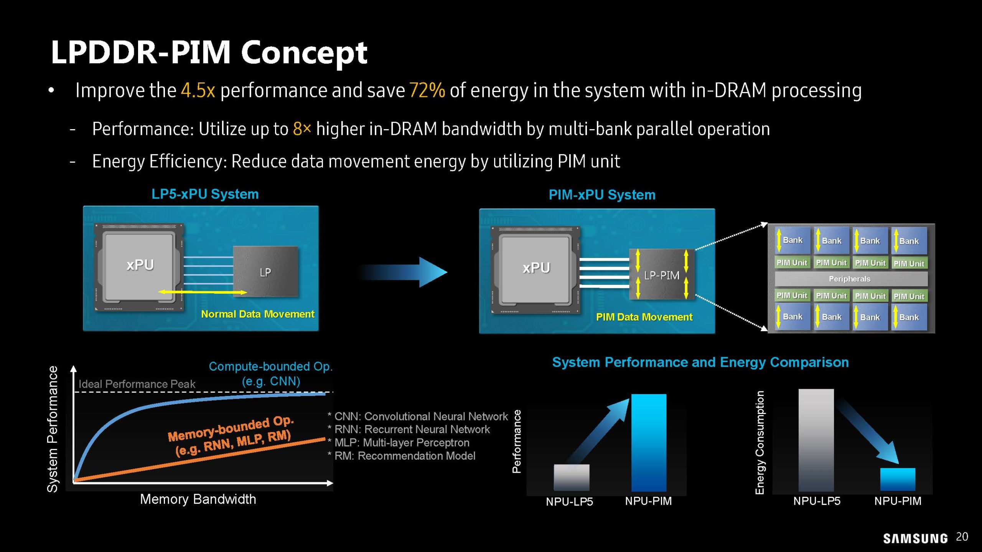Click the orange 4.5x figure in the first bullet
pyautogui.click(x=198, y=90)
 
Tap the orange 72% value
pyautogui.click(x=427, y=90)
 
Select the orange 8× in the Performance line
pyautogui.click(x=302, y=129)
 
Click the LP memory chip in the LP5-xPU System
pyautogui.click(x=265, y=271)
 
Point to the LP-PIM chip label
pyautogui.click(x=661, y=275)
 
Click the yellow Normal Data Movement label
pyautogui.click(x=257, y=314)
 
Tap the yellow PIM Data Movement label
pyautogui.click(x=644, y=317)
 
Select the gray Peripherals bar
pyautogui.click(x=850, y=279)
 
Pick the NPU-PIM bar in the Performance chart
pyautogui.click(x=649, y=443)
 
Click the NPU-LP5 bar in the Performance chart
pyautogui.click(x=571, y=477)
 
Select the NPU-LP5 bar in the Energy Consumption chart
pyautogui.click(x=816, y=440)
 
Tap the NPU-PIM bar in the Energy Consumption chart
pyautogui.click(x=897, y=479)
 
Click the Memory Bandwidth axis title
pyautogui.click(x=198, y=499)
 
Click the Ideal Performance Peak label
pyautogui.click(x=137, y=384)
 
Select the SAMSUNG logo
pyautogui.click(x=915, y=539)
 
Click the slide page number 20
pyautogui.click(x=962, y=537)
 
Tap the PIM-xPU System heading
pyautogui.click(x=602, y=195)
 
